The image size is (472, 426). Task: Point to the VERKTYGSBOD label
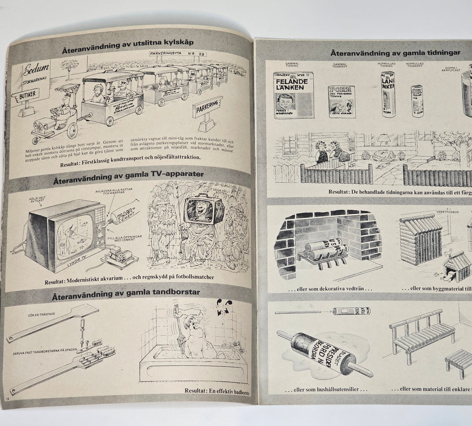click(448, 212)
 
